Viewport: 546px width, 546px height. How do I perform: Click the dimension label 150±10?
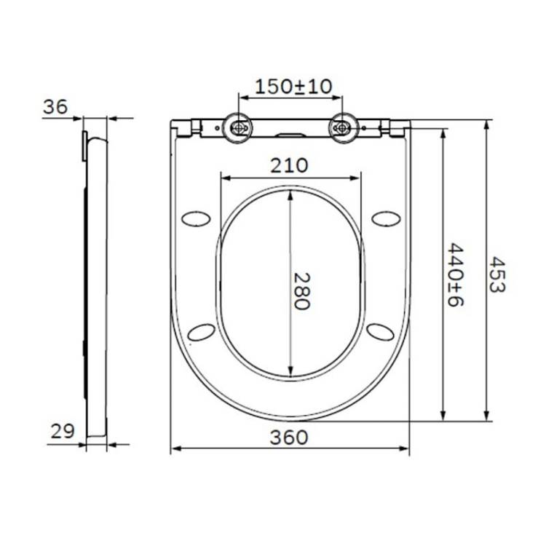click(293, 87)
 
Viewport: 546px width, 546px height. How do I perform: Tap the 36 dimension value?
click(55, 107)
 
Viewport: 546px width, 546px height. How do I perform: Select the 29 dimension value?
click(63, 432)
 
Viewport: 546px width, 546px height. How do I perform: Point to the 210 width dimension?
click(289, 166)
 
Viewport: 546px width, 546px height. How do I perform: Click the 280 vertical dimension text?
click(301, 291)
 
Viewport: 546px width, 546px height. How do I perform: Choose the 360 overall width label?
click(289, 438)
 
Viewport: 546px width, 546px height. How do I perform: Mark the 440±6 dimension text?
click(456, 275)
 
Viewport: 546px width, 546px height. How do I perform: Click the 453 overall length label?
click(497, 274)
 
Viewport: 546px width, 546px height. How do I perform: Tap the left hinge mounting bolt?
click(238, 128)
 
